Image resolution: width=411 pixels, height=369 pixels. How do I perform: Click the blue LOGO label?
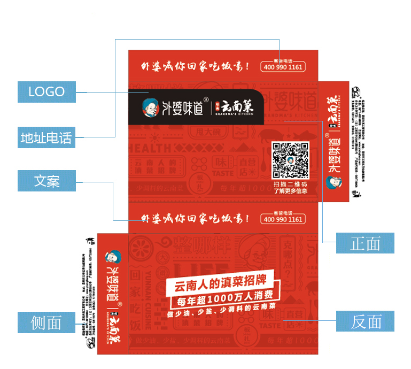(x=46, y=91)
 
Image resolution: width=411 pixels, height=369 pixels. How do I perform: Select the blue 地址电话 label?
(x=46, y=138)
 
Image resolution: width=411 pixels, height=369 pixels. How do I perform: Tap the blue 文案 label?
(x=46, y=181)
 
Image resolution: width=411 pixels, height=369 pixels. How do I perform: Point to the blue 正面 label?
(x=365, y=243)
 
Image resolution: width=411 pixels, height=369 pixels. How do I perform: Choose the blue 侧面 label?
(x=46, y=322)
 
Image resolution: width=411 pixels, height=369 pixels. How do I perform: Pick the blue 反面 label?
(x=365, y=321)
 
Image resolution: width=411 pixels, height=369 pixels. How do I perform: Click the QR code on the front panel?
(x=290, y=160)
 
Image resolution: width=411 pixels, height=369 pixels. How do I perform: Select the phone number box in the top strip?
(x=283, y=67)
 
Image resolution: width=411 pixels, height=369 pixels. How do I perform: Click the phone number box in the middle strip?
(x=283, y=219)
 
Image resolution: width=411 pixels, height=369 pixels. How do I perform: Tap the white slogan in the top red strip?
(x=195, y=67)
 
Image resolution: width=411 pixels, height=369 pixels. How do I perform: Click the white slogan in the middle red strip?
(x=195, y=219)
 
